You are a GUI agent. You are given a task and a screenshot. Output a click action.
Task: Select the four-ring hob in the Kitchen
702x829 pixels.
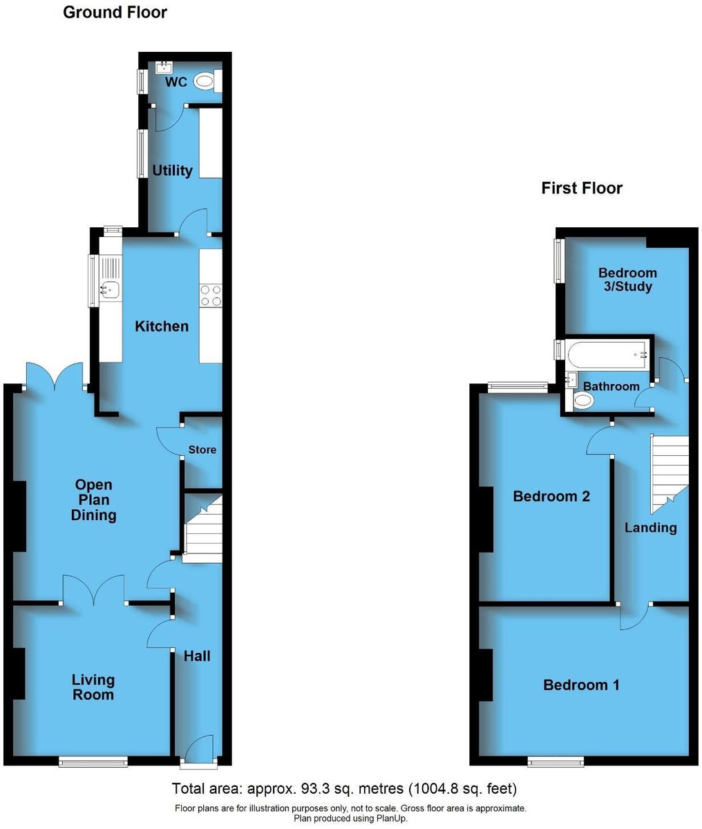click(x=211, y=295)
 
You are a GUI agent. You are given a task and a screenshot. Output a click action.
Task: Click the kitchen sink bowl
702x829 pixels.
click(x=109, y=289)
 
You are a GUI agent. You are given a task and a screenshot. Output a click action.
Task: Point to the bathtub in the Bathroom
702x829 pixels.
click(x=607, y=355)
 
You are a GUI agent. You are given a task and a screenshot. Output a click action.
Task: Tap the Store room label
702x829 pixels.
click(x=202, y=450)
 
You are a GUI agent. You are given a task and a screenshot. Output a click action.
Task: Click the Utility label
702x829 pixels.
click(x=173, y=171)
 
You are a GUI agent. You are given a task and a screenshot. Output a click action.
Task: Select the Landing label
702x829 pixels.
click(x=651, y=527)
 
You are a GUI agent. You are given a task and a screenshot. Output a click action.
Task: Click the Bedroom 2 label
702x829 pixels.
click(x=551, y=496)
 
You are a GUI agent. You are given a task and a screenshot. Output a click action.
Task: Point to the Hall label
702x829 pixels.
click(x=197, y=656)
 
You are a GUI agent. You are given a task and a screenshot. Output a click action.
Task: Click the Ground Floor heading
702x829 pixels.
click(x=115, y=12)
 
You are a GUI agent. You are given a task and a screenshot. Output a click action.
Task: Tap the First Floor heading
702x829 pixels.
click(x=582, y=188)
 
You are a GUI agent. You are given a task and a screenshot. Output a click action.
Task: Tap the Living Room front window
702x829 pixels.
click(x=93, y=761)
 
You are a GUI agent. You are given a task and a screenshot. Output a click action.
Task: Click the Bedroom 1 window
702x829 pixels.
click(x=556, y=761)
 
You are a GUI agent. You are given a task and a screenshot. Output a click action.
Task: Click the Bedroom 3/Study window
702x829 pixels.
click(x=559, y=260)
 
